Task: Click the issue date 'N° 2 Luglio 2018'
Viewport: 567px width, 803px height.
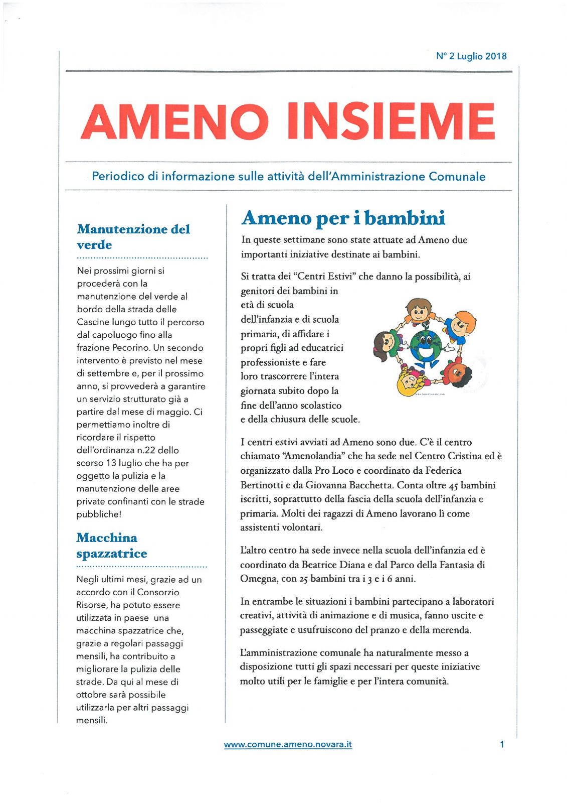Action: point(471,56)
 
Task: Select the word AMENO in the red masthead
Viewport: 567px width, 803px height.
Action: point(174,121)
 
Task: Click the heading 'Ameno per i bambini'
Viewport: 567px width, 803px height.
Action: point(343,218)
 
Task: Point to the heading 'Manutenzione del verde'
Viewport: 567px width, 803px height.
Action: point(133,236)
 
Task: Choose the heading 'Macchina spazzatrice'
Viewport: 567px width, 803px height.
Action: point(111,546)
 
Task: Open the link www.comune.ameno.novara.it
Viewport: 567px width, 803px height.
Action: point(288,744)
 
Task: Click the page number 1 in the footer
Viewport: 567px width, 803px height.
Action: point(502,744)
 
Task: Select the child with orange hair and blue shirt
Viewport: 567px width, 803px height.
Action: point(460,325)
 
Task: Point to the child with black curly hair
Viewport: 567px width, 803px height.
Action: point(454,371)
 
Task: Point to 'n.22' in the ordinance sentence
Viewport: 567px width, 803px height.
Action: point(147,450)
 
